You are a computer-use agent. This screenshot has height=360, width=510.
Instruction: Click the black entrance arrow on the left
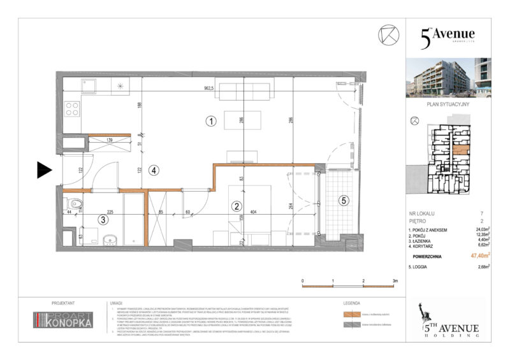coord(43,169)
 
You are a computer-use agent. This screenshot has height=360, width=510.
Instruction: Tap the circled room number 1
coord(211,120)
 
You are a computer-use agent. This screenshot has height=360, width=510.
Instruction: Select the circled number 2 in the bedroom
coord(236,206)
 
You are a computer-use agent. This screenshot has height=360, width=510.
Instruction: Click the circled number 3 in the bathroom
coord(103,220)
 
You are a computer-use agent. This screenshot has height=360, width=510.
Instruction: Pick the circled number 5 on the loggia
coord(343,201)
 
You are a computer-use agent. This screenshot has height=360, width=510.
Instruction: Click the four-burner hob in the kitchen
coord(72,109)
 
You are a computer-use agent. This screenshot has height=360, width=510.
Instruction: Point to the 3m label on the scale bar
coord(395,280)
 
